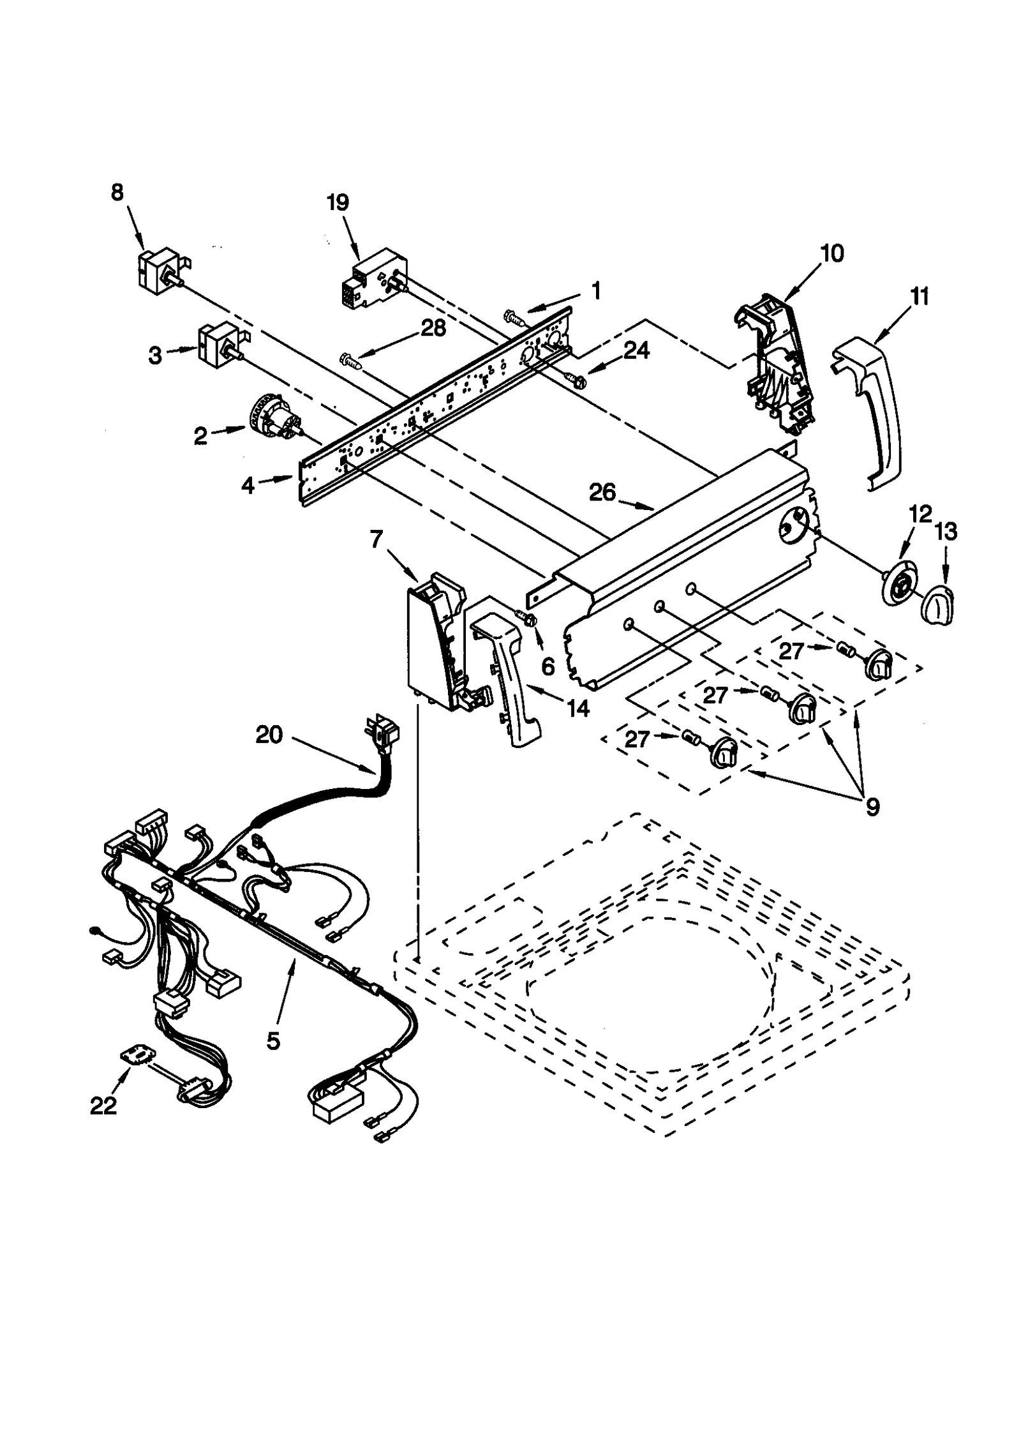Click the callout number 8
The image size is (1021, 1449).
pyautogui.click(x=117, y=192)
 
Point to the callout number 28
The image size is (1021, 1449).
pyautogui.click(x=433, y=328)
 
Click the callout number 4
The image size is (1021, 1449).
pyautogui.click(x=248, y=486)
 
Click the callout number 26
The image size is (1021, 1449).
pyautogui.click(x=602, y=492)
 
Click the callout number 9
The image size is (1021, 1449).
pyautogui.click(x=872, y=806)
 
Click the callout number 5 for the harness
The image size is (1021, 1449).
pyautogui.click(x=272, y=1041)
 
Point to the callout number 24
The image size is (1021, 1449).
pyautogui.click(x=636, y=350)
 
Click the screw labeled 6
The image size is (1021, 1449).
pyautogui.click(x=528, y=618)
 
